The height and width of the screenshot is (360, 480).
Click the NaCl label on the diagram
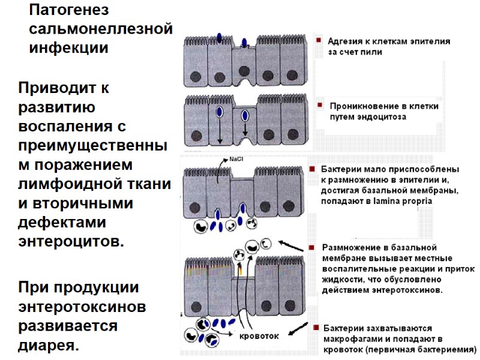click(236, 160)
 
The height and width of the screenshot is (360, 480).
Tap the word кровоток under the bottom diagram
click(259, 336)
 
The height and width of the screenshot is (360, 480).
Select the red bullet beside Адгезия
click(319, 41)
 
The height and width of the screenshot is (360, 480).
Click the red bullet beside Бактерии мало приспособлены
click(312, 169)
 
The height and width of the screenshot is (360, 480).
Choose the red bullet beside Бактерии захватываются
click(314, 328)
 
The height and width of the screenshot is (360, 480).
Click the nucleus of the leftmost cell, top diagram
click(196, 76)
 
